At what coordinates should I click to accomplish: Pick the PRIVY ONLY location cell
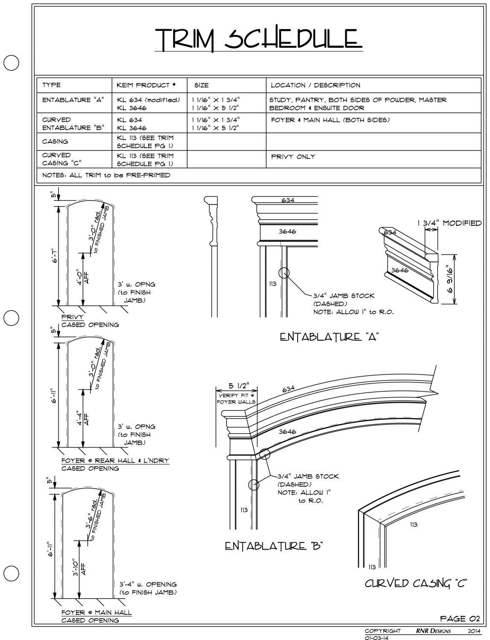[293, 157]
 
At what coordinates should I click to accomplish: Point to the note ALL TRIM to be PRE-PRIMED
[106, 175]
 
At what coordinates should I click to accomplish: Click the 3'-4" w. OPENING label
[148, 584]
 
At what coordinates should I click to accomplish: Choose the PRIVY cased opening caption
[73, 317]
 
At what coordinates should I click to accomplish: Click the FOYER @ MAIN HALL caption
[96, 612]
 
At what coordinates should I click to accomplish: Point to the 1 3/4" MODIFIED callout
[449, 223]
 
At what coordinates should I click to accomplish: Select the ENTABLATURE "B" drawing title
[273, 546]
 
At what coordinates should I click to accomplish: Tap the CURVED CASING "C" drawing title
[415, 583]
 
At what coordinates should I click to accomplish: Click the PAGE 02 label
[460, 619]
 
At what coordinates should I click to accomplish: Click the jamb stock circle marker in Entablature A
[284, 273]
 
